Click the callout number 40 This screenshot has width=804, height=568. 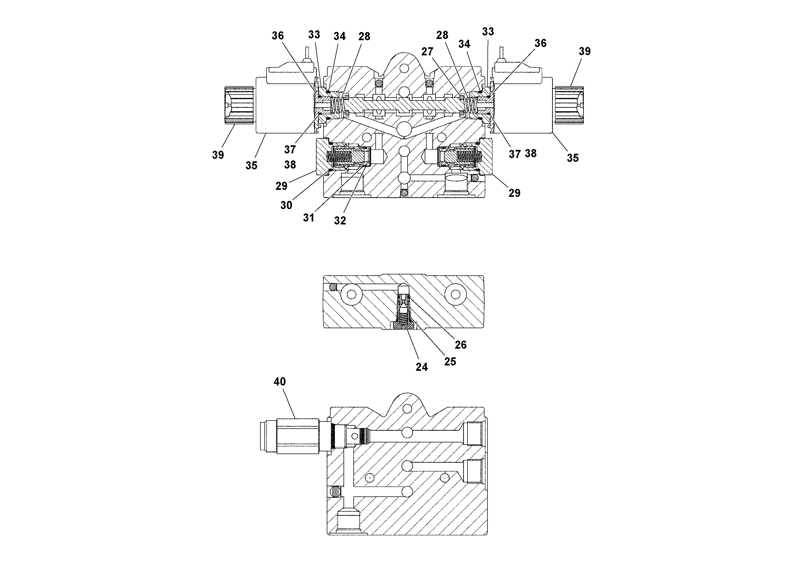coord(280,381)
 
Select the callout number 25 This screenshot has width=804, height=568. coord(450,361)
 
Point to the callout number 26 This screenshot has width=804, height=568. coord(460,345)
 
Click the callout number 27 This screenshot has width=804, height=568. coord(427,52)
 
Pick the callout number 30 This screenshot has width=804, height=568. coord(286,205)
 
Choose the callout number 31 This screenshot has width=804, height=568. coord(308,218)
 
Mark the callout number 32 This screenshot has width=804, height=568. coord(340,220)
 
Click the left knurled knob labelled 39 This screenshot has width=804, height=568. coord(239,105)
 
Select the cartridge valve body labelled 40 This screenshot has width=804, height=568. coord(298,436)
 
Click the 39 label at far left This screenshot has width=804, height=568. coord(218,155)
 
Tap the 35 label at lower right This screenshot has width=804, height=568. coord(573,158)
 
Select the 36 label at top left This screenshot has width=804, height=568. coord(278,35)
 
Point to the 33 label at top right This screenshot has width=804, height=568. coord(488,32)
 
